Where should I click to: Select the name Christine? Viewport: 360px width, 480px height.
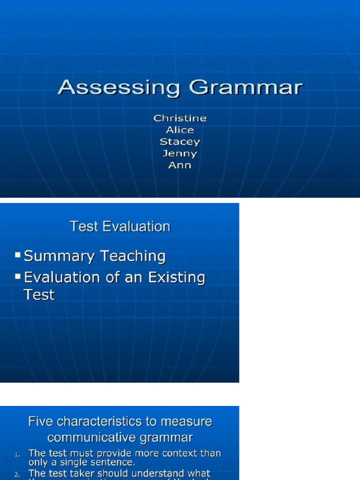click(180, 118)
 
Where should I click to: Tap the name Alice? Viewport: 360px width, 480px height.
click(180, 130)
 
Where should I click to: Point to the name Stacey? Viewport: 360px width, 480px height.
click(180, 142)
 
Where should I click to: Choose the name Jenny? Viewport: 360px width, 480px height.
click(180, 153)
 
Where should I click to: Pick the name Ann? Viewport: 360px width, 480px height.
click(180, 165)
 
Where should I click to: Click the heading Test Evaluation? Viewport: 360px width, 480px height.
click(120, 227)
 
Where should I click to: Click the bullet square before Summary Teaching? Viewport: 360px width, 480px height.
click(18, 255)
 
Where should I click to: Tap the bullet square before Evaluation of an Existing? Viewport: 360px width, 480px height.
click(18, 276)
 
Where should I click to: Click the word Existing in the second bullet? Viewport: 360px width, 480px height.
click(177, 278)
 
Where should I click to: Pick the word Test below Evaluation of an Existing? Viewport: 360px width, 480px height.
click(39, 295)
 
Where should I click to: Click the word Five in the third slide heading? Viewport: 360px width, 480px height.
click(39, 421)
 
